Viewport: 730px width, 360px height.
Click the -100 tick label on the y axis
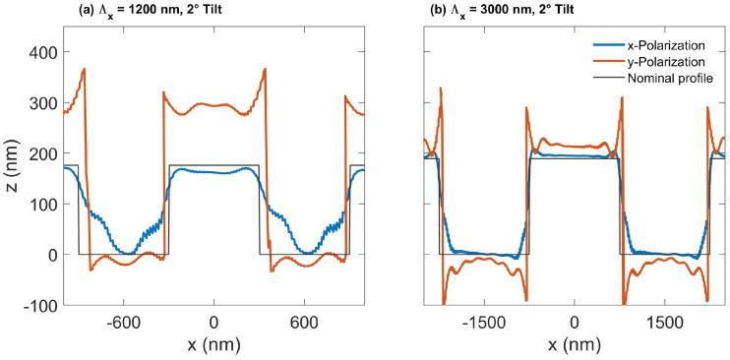(36, 306)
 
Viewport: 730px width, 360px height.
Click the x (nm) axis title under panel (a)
(213, 344)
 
